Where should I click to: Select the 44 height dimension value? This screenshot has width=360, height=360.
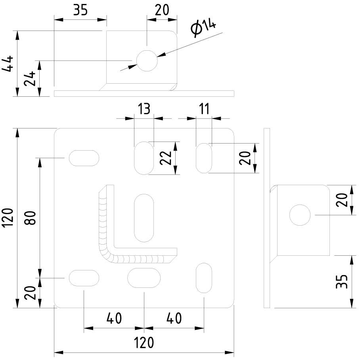[x=9, y=63]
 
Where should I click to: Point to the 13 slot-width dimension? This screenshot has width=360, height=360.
[x=144, y=109]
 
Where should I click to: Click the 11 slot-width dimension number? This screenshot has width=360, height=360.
[x=204, y=109]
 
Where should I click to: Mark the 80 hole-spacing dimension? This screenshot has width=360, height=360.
[x=31, y=217]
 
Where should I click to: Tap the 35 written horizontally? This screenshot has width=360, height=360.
[x=80, y=10]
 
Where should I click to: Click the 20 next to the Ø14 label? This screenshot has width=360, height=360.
[x=162, y=10]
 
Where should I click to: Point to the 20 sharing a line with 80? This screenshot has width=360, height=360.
[x=31, y=293]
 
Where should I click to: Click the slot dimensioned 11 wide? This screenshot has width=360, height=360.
[x=204, y=158]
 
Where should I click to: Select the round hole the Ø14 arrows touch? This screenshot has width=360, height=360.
[x=147, y=61]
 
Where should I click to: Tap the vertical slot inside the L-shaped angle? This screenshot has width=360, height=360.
[x=144, y=218]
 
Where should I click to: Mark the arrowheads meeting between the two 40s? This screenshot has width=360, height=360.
[x=144, y=328]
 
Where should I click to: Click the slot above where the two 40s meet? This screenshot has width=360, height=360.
[x=144, y=278]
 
